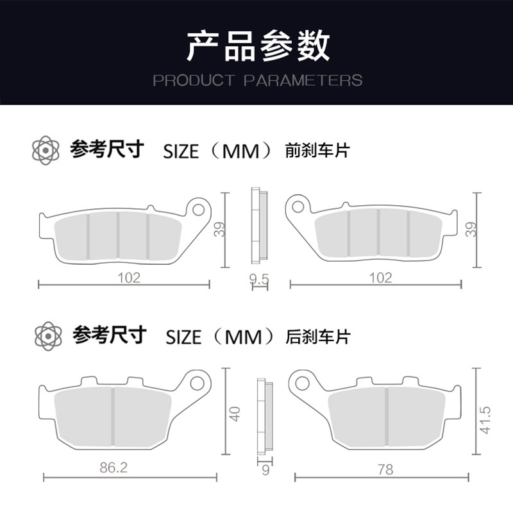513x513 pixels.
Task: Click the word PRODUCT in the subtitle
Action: [193, 81]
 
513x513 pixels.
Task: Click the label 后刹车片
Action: [318, 336]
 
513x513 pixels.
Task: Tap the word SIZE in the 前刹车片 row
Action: [181, 151]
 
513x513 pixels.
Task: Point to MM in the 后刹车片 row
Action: [243, 337]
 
